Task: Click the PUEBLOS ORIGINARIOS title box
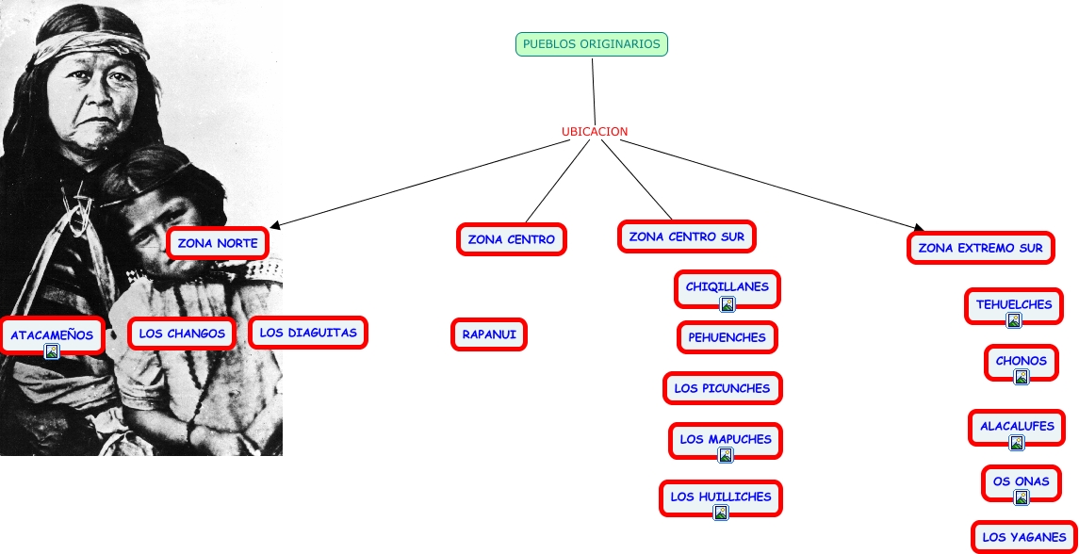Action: pos(592,44)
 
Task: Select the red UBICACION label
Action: pos(595,132)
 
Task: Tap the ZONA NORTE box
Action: pos(218,243)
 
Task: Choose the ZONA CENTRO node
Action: pos(512,239)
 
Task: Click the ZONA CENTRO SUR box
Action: pos(687,236)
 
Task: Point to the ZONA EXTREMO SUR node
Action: pos(981,249)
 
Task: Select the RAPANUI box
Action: pos(488,334)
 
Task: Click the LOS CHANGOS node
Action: pos(182,333)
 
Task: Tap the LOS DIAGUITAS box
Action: pos(308,332)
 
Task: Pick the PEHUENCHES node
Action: pos(728,336)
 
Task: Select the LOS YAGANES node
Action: pos(1024,537)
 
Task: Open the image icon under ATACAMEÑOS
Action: pos(52,351)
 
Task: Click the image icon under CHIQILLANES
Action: pos(728,303)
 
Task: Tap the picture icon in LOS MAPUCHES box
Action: pos(726,455)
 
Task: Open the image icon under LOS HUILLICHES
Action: pos(721,513)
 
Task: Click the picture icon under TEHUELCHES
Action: pos(1014,320)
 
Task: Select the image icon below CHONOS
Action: pos(1022,377)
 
